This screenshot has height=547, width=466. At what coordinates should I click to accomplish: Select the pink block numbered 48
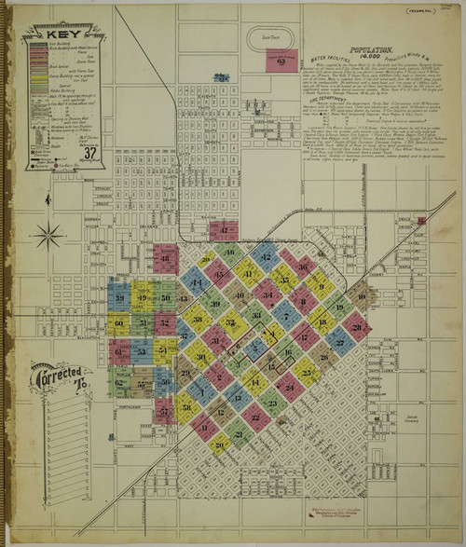(165, 257)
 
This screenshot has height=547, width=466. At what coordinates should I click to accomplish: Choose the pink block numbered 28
(357, 327)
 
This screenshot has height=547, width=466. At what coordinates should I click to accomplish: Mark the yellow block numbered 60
(118, 324)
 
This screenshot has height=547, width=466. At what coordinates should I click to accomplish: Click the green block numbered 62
(119, 381)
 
